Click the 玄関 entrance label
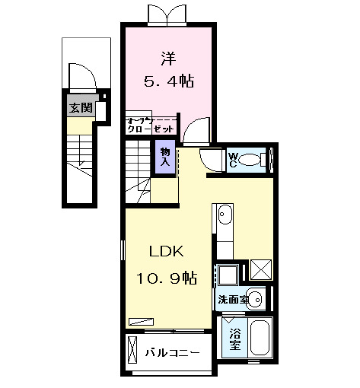(78, 108)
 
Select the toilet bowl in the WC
(263, 160)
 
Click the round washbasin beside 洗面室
(256, 298)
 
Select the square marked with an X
(260, 270)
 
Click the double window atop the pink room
(168, 14)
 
